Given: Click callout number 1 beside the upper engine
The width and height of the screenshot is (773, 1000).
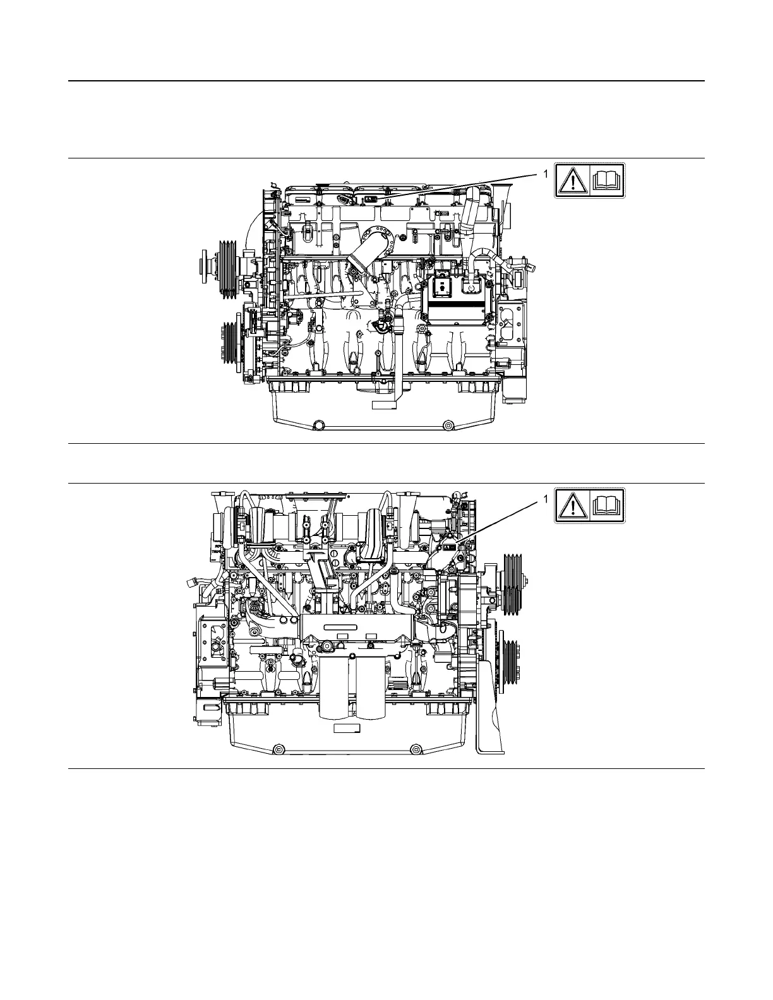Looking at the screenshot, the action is (546, 174).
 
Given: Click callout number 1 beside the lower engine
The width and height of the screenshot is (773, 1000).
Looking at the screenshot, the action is (546, 498).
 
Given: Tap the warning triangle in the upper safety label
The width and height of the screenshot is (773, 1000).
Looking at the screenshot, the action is (572, 181).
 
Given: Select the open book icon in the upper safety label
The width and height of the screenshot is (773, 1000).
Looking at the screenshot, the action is (608, 181).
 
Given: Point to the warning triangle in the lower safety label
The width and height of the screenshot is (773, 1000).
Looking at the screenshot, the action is (572, 505).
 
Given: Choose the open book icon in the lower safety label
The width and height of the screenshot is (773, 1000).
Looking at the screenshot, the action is (608, 505).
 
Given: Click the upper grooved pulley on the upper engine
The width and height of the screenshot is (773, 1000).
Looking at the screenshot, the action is (227, 269).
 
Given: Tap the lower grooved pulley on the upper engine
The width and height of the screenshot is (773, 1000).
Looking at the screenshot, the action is (229, 343).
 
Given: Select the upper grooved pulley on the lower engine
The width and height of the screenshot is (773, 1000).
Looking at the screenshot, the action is (513, 584).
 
